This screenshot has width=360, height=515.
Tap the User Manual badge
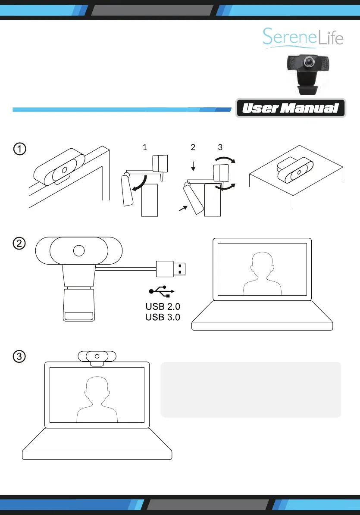(x=291, y=109)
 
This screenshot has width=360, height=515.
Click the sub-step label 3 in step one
(x=220, y=147)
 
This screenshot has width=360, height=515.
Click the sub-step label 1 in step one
(x=145, y=147)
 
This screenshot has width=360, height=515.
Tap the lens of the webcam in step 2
(x=78, y=250)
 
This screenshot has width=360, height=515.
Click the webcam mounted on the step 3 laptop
(x=97, y=357)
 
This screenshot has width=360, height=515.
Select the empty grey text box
(x=250, y=390)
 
